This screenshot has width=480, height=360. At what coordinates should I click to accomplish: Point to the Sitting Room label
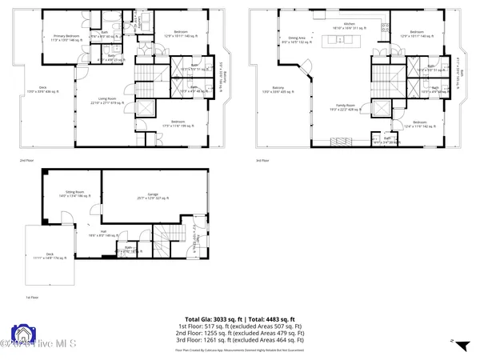coord(78,194)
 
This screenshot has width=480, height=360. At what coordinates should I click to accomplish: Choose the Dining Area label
coord(298,40)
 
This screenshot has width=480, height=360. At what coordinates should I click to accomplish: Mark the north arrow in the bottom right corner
coord(452,342)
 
